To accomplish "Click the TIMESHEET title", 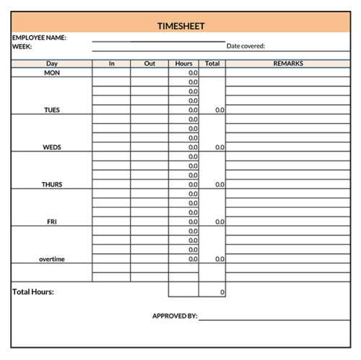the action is [x=181, y=26].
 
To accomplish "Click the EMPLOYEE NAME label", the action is [x=39, y=38].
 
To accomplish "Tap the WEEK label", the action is [x=22, y=46].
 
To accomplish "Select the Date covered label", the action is [x=246, y=46].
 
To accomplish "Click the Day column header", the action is [x=52, y=64].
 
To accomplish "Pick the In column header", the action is [x=112, y=64].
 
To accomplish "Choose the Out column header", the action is [x=149, y=64].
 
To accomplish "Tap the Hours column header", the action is [x=184, y=64].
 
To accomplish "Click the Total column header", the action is [x=212, y=64].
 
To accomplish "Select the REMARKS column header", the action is [x=288, y=64].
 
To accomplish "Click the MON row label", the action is [x=52, y=73].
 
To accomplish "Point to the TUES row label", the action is [x=52, y=111].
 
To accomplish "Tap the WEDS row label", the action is [x=52, y=147].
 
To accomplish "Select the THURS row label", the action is [x=52, y=184].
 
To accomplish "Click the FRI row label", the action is [x=52, y=222].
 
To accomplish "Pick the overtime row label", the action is [x=52, y=259].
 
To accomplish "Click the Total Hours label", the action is [x=33, y=292].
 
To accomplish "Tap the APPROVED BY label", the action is [x=175, y=316].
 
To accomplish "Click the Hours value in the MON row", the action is [x=193, y=73].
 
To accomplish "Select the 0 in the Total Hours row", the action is [x=222, y=292].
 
